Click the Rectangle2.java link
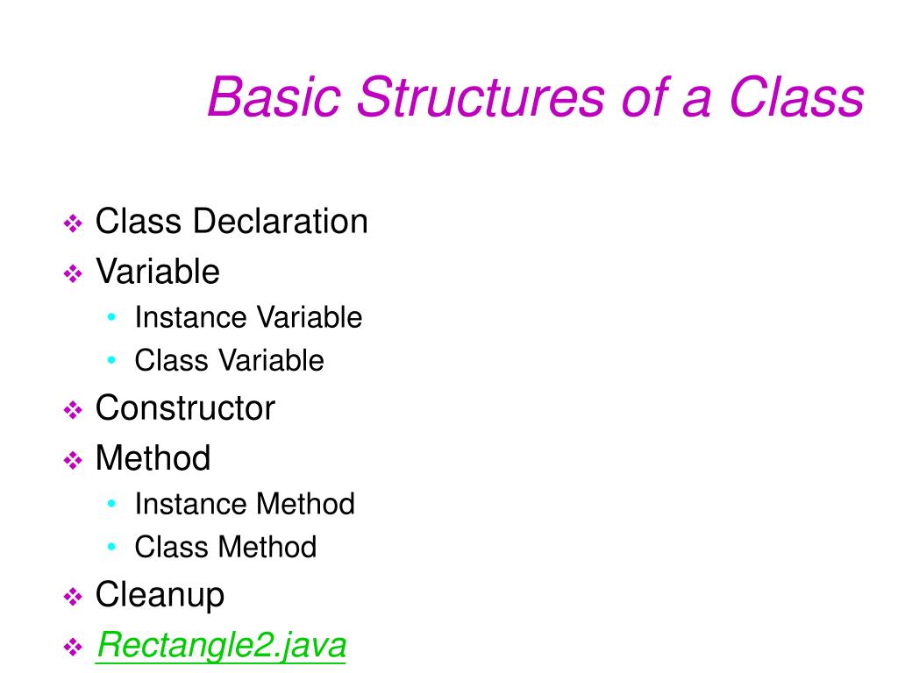(221, 646)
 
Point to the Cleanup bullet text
(160, 595)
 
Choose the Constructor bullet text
(185, 408)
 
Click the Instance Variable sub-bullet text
(248, 317)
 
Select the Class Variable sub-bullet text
(229, 360)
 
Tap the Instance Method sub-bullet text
(245, 504)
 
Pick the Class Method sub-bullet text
(225, 548)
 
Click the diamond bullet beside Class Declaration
(73, 224)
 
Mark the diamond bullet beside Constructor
(73, 411)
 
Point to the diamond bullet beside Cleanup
(73, 599)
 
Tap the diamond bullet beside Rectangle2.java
(73, 649)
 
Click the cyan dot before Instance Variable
(111, 317)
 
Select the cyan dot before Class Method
(111, 547)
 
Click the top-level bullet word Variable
(157, 272)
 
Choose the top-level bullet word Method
(153, 458)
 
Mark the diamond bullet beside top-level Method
(73, 461)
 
